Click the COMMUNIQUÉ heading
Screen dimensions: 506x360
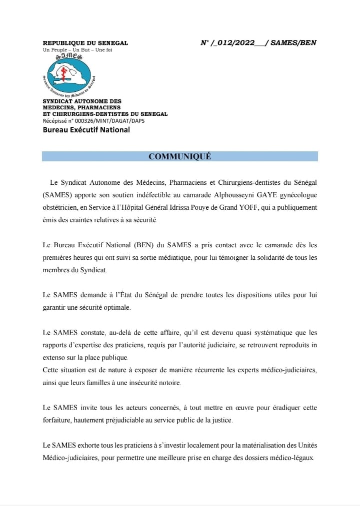click(x=180, y=156)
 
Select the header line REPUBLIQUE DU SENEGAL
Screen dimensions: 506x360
click(x=85, y=43)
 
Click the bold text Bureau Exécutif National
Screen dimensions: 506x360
click(x=86, y=130)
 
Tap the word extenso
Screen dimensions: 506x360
click(x=54, y=358)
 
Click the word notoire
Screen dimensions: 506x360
click(x=168, y=383)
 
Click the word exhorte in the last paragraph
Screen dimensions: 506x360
click(x=84, y=446)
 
